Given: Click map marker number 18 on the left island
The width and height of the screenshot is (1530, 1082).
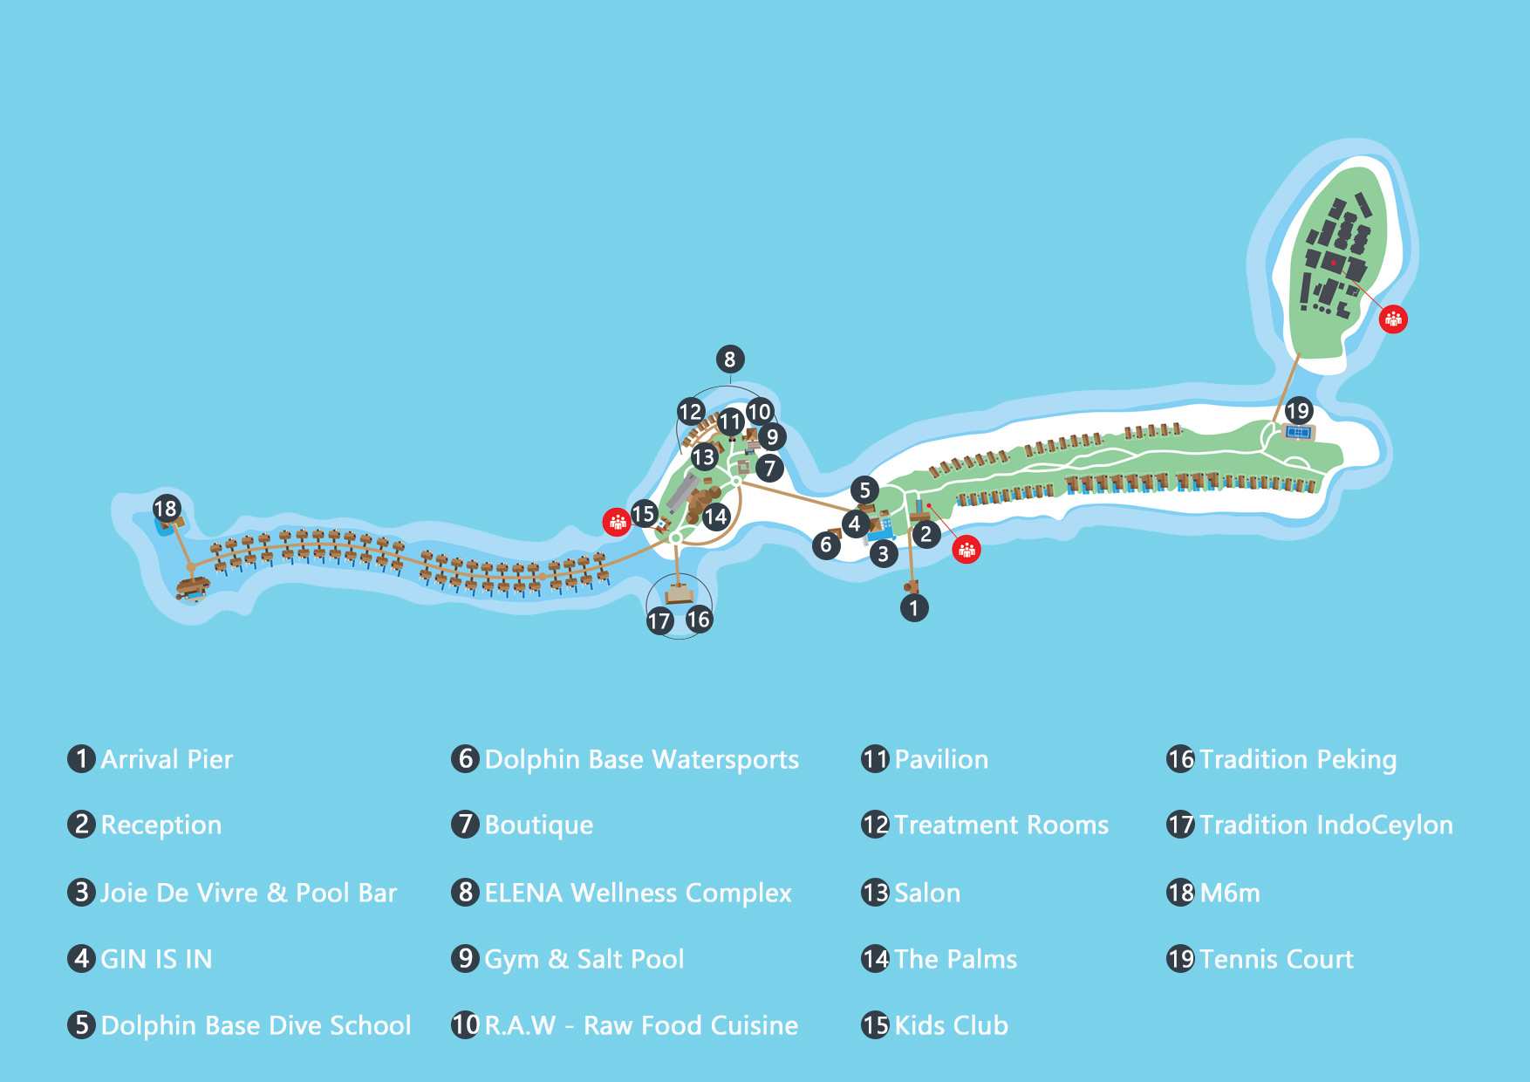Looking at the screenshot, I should pos(166,508).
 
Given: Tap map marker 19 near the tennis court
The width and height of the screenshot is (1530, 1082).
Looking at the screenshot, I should pos(1298,410).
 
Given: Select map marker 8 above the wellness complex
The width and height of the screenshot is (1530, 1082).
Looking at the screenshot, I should pos(730,359).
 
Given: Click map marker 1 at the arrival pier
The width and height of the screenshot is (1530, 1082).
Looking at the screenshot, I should pos(913,607).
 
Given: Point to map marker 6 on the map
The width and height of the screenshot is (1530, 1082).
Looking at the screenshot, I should pos(826,545).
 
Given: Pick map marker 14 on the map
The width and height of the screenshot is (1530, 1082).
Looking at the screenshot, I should pos(715,517).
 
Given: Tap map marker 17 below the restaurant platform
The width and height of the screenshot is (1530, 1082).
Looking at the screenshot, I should pos(659,620).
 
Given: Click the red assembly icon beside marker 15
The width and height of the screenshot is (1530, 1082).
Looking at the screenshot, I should pos(617,523).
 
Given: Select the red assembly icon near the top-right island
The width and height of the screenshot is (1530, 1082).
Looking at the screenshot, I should pos(1393,319).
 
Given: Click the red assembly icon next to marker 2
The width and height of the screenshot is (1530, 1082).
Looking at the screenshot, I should pos(966,550).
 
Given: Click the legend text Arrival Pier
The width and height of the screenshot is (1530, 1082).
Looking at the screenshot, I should pos(167,759).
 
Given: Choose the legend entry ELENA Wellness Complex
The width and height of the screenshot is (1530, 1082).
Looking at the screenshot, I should pos(638,893).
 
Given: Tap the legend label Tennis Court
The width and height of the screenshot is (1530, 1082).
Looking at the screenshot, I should pos(1276,959).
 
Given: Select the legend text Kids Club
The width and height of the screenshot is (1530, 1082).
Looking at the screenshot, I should pos(951,1025).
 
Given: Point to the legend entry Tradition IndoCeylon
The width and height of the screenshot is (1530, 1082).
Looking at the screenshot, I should pos(1326,825).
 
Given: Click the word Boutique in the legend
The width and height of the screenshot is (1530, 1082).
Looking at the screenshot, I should pos(538,825).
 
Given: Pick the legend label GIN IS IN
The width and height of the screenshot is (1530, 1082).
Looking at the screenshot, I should pos(156,959).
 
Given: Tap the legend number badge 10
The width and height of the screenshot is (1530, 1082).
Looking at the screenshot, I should pos(465,1024).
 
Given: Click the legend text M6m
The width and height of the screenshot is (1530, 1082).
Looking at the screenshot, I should pos(1230,893).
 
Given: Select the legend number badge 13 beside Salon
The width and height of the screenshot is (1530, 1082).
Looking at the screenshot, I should pos(875,893).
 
